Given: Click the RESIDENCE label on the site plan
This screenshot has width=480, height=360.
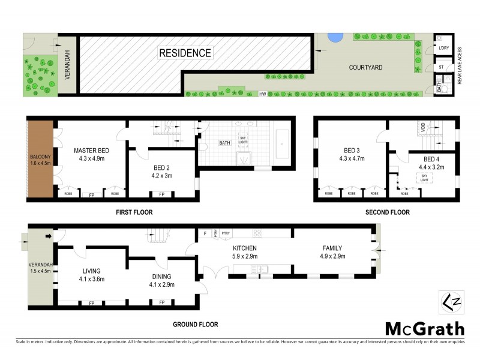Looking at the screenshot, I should click(x=185, y=53).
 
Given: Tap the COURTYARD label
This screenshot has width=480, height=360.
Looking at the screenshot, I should click(x=366, y=68).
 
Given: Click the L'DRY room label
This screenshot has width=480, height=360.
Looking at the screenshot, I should click(x=443, y=47).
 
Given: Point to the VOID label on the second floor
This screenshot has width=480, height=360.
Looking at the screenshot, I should click(x=422, y=128).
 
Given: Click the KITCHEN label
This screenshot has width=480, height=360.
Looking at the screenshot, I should click(x=245, y=248).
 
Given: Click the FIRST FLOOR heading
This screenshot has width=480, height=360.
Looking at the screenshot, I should click(x=134, y=212).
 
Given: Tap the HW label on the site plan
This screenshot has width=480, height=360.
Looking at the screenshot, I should click(x=262, y=94).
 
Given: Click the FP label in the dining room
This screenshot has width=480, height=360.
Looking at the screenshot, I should click(x=161, y=302).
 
